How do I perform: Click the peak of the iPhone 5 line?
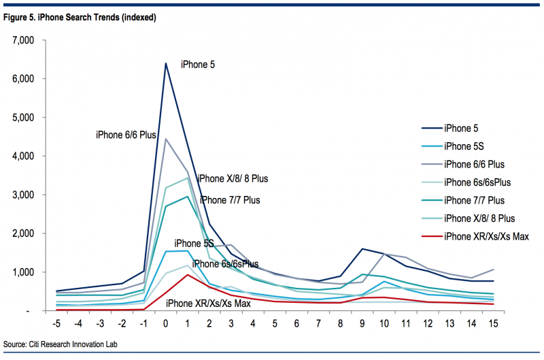[165, 63]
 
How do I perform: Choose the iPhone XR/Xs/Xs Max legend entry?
[486, 236]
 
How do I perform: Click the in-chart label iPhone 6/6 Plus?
[126, 135]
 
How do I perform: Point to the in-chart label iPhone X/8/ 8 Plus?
[233, 179]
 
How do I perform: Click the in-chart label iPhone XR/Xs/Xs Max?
[208, 303]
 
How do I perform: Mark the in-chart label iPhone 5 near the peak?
[198, 65]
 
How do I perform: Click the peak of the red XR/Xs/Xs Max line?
[187, 274]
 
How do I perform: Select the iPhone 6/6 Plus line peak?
[165, 139]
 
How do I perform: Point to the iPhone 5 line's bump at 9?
[363, 249]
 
